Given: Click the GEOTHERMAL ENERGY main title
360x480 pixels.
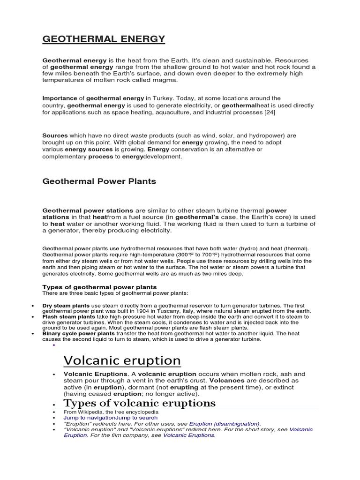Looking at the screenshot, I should (104, 39).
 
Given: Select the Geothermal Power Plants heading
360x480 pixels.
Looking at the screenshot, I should (99, 181).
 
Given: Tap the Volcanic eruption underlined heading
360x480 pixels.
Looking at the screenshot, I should (122, 360).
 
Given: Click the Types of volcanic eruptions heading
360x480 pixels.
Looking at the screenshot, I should (139, 403).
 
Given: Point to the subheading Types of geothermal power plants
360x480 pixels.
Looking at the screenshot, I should (99, 287).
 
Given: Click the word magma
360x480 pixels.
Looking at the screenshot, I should (167, 80).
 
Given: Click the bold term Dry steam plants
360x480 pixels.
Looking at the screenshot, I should (66, 306).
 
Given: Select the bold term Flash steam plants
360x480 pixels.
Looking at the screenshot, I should (68, 317).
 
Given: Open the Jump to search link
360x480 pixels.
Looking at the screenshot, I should (136, 417).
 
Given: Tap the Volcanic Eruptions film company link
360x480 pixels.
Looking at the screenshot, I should (188, 435).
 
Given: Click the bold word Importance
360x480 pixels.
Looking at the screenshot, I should (60, 98).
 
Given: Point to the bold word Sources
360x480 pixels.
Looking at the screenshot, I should (55, 135).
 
